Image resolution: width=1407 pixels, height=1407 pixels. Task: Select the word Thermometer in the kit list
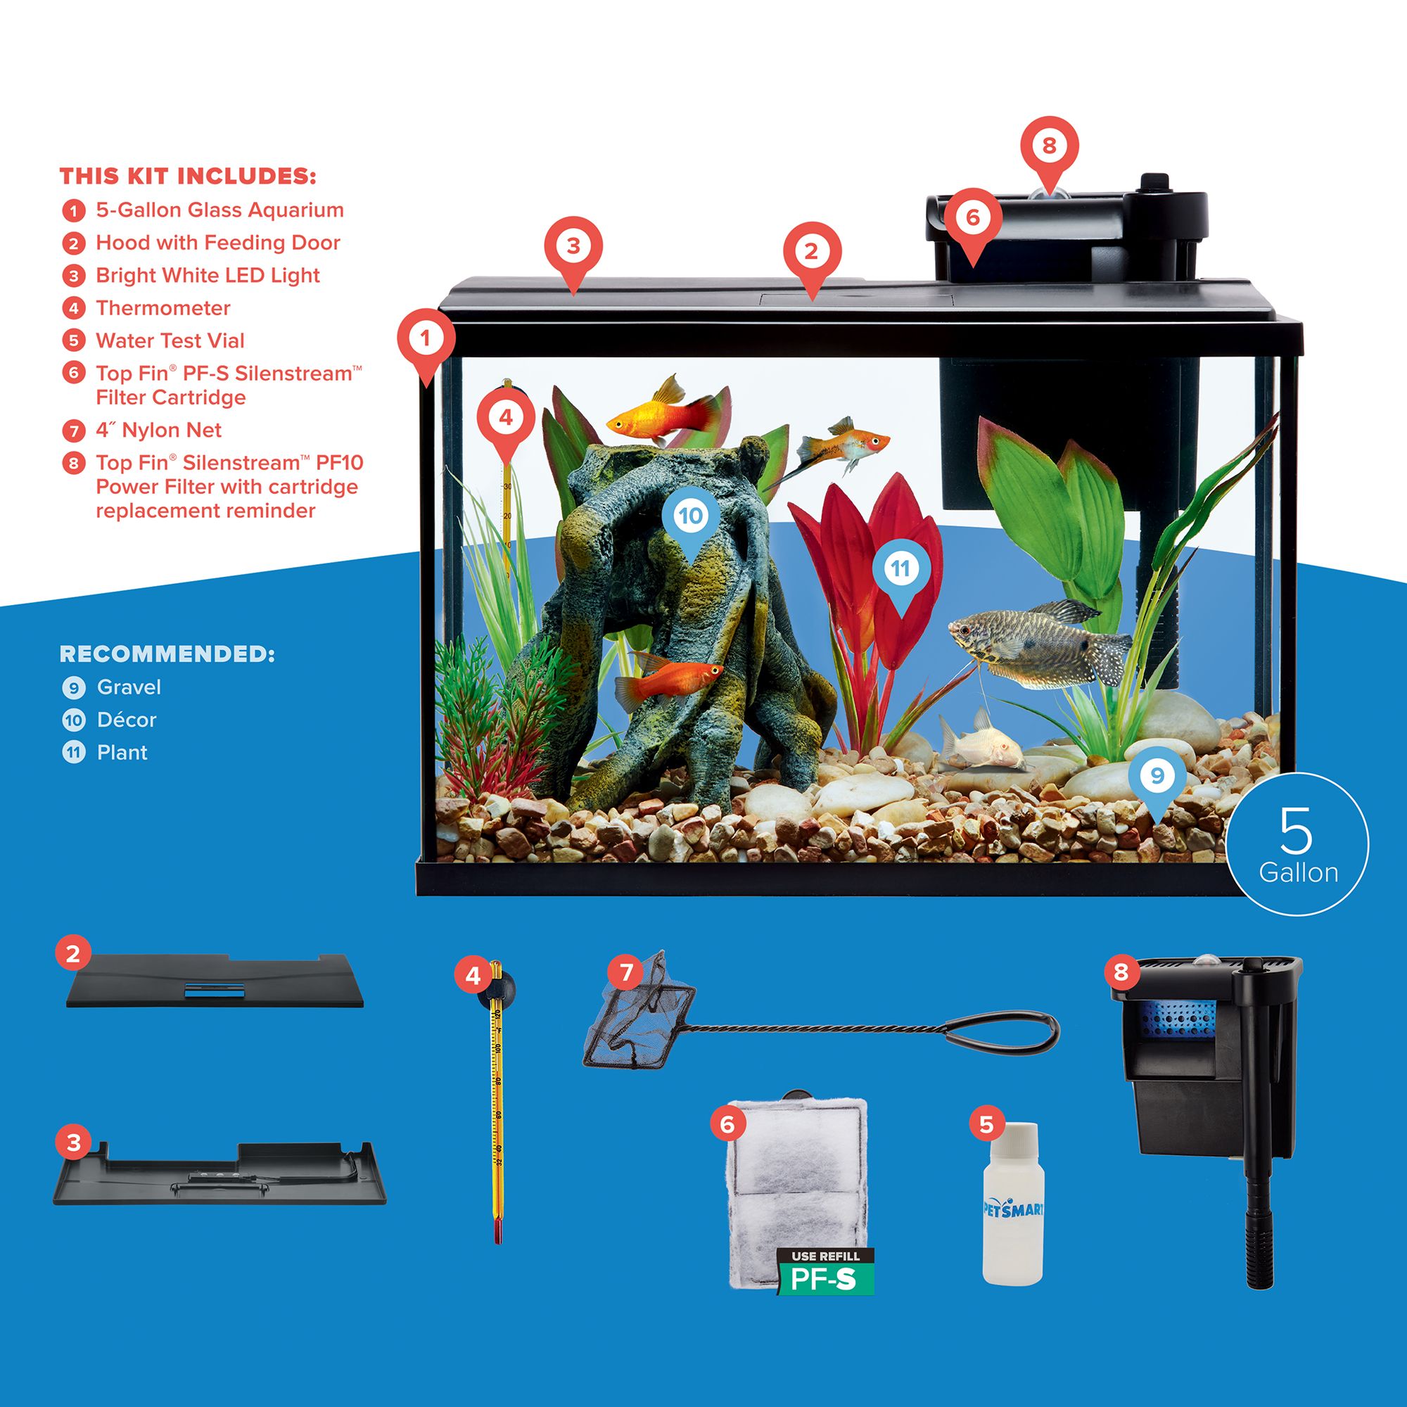(x=163, y=308)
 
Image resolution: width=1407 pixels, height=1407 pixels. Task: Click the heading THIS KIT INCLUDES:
(x=188, y=177)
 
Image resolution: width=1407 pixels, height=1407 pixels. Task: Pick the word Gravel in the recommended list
(x=129, y=687)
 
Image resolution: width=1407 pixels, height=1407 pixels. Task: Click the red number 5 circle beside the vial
(x=986, y=1123)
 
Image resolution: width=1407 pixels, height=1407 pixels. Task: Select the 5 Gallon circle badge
(x=1297, y=844)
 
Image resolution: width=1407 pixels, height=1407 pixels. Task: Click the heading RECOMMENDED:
(x=167, y=654)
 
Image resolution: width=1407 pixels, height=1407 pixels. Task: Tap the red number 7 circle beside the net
(x=626, y=971)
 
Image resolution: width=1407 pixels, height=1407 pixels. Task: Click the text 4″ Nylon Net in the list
(x=159, y=430)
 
